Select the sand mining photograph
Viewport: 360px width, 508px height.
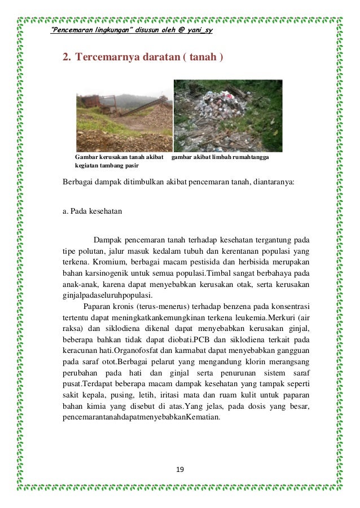click(x=124, y=116)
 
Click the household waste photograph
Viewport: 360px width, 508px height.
click(x=228, y=116)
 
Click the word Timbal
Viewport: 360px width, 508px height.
click(x=226, y=273)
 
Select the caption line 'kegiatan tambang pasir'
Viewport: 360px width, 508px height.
click(x=107, y=166)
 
